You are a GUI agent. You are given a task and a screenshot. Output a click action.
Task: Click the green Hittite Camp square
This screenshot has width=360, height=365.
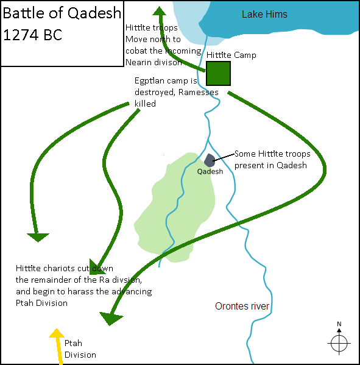point(218,73)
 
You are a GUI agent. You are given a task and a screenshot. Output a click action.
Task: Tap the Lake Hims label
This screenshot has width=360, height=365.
point(264,15)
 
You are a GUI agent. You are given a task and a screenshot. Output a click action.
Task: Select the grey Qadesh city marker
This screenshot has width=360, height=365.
point(210,160)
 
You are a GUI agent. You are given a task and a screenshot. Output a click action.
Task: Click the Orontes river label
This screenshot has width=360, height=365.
point(242,306)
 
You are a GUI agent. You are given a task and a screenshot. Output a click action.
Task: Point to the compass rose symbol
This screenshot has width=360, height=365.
point(339,342)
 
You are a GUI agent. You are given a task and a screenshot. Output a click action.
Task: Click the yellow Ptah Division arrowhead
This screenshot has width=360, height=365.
point(57,333)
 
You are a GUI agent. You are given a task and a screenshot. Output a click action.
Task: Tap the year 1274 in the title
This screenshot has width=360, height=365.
point(21,35)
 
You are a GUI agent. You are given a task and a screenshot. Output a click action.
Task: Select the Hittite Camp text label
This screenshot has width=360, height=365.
point(231,55)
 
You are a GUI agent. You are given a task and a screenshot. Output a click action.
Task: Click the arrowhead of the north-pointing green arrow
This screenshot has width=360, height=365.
point(160,11)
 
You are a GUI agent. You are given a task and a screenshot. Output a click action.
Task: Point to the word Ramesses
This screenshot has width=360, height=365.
point(199,92)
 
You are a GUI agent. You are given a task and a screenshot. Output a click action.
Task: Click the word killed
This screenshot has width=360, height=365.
point(145,104)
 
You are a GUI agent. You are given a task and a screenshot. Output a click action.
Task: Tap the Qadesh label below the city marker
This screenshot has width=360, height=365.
point(210,172)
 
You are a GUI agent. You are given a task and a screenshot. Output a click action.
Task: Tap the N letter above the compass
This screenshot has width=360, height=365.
point(339,324)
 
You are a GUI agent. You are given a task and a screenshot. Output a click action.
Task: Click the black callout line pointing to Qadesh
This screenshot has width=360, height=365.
point(224,157)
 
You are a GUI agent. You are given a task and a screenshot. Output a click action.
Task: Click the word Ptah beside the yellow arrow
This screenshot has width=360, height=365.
point(73,343)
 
